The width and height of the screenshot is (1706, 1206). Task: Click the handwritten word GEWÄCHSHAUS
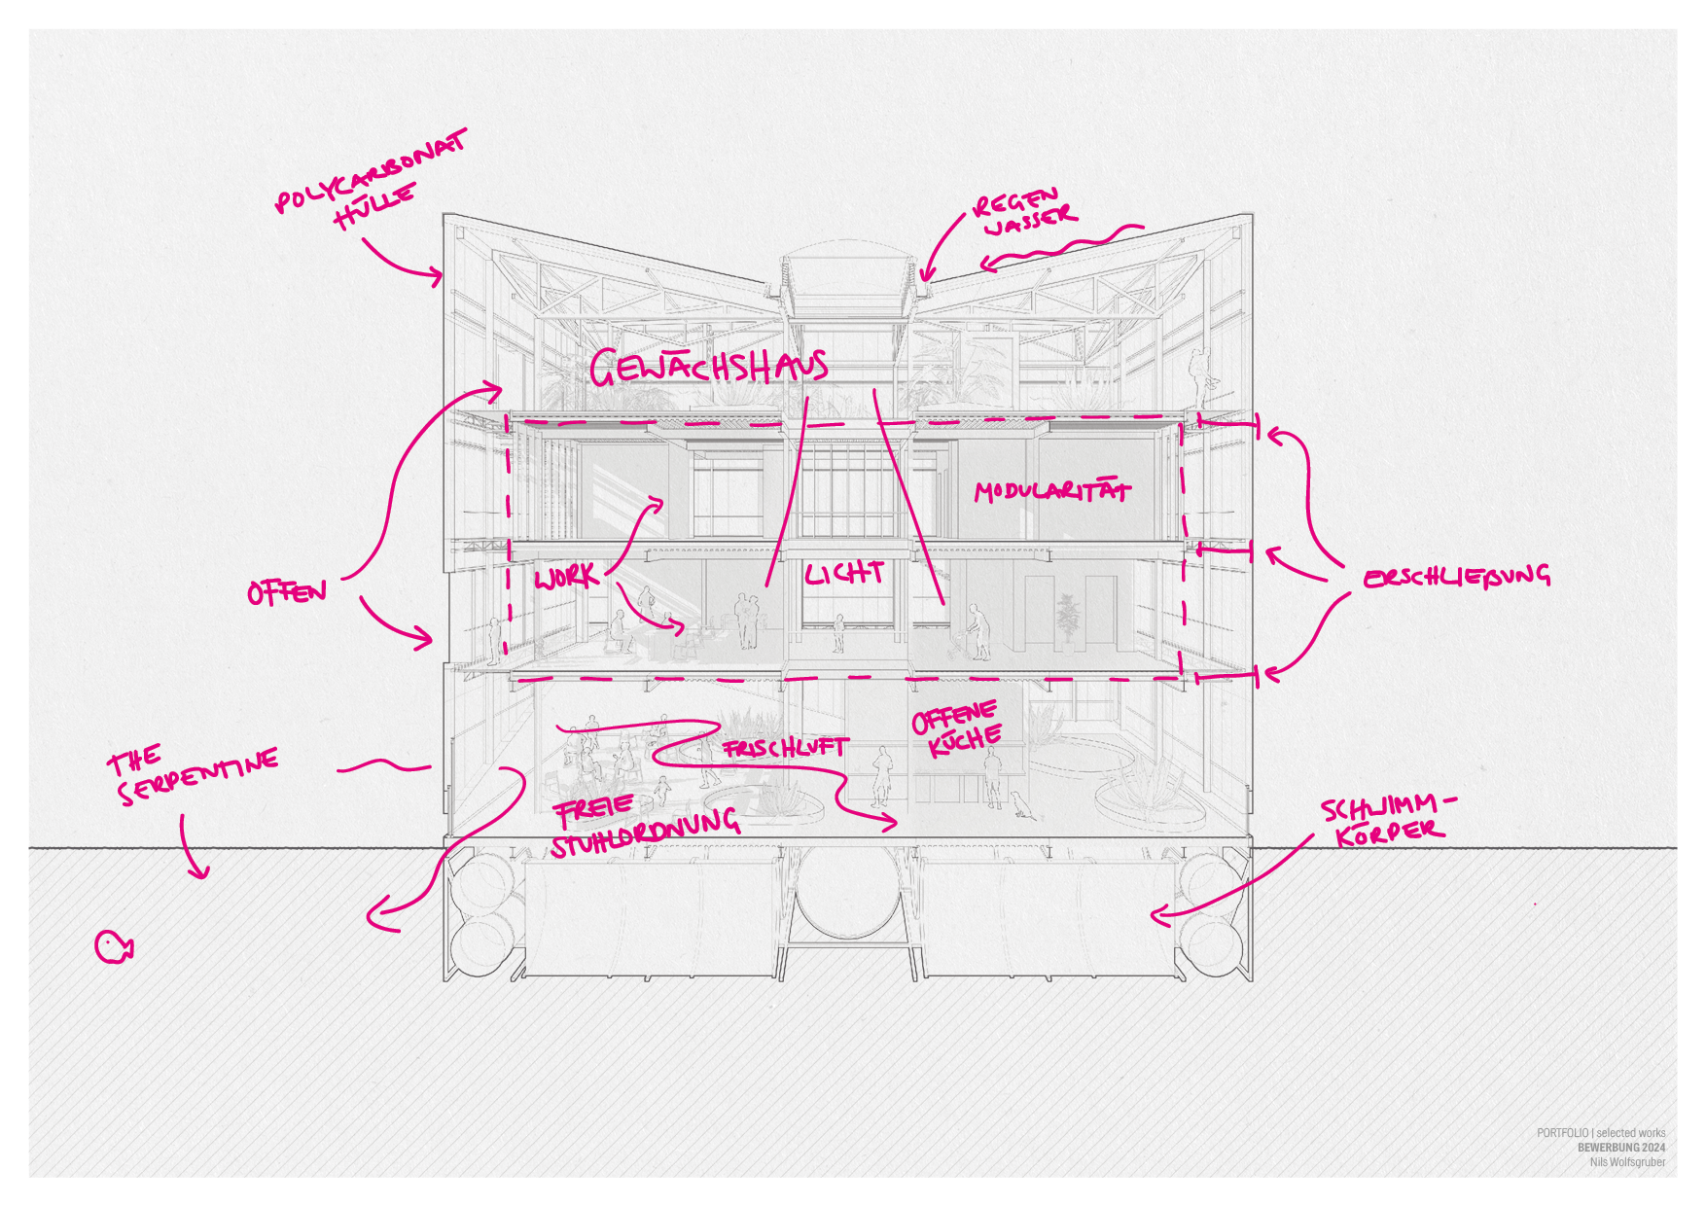(x=708, y=367)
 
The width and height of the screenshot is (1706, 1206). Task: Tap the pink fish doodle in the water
(x=113, y=945)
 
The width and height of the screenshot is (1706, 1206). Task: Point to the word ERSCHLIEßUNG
(x=1456, y=577)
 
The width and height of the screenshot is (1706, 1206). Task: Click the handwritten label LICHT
(x=843, y=574)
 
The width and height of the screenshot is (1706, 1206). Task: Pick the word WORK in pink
(x=566, y=578)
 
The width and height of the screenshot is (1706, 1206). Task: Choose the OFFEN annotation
(x=286, y=591)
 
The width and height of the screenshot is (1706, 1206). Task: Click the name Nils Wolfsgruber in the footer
(x=1627, y=1162)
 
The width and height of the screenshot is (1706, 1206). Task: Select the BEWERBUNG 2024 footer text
(x=1621, y=1148)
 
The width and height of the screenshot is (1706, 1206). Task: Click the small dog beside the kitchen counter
(x=1020, y=804)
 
